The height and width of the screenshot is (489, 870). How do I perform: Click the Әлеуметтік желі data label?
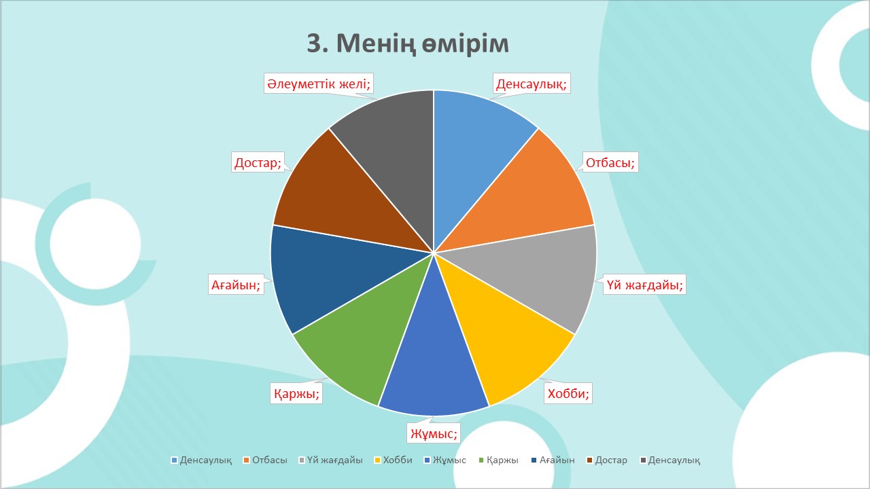319,84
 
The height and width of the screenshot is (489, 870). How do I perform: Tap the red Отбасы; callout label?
610,162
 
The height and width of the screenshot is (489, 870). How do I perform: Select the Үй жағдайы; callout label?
645,285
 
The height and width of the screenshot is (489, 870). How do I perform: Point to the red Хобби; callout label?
568,393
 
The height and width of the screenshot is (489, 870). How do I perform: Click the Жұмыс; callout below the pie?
434,433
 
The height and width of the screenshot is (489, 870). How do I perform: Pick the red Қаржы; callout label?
296,393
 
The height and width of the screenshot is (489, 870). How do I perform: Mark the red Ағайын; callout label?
236,285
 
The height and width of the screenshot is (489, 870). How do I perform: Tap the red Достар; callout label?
258,162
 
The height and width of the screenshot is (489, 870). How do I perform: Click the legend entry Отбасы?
265,460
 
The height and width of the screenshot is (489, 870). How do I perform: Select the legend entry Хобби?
393,460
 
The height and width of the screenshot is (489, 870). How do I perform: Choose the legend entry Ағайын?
553,460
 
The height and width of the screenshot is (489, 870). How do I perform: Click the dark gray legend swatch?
643,460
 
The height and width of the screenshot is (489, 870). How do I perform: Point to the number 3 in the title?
314,43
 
